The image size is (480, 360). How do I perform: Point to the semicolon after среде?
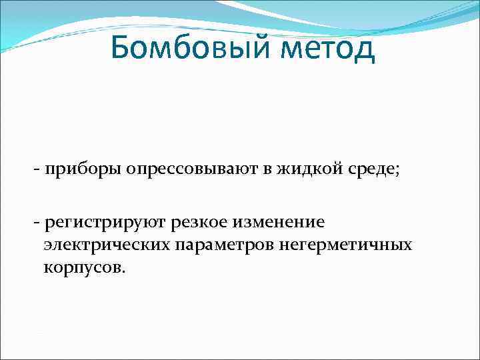tap(398, 171)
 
